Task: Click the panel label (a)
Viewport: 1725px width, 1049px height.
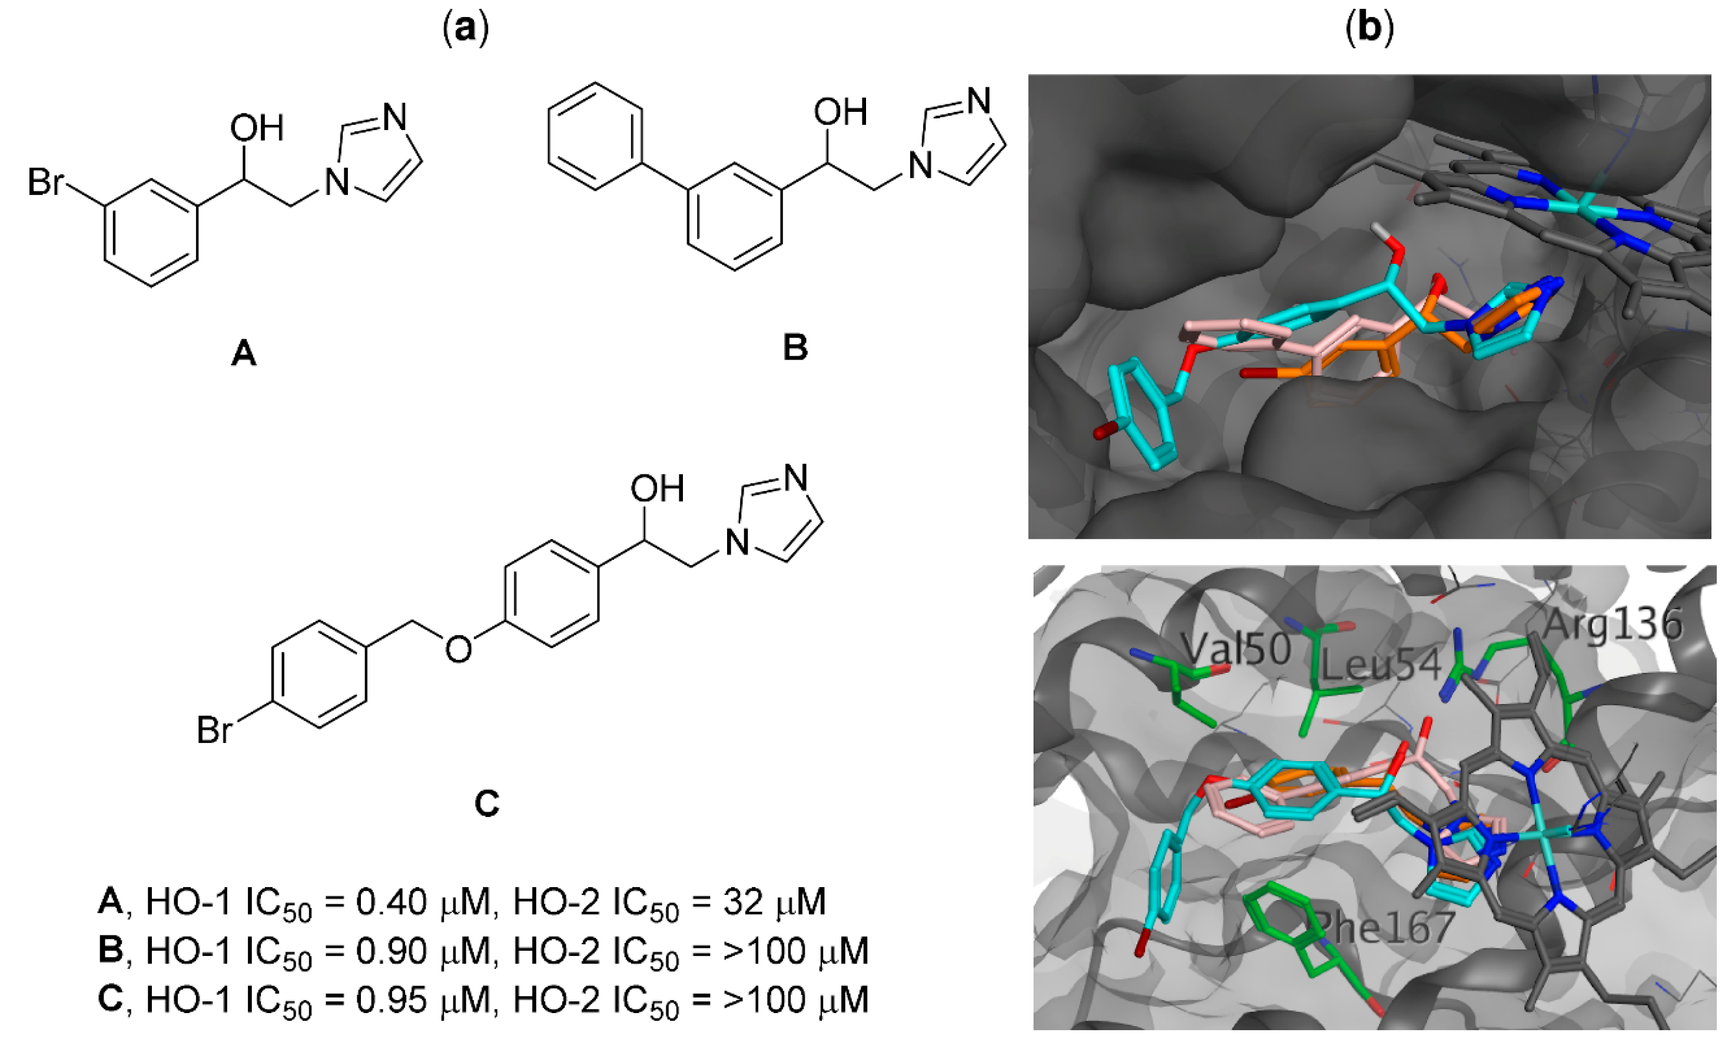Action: [x=466, y=29]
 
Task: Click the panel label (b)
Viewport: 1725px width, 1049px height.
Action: [x=1369, y=29]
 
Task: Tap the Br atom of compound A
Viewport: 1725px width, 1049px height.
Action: [x=45, y=182]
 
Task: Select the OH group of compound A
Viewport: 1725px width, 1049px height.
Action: [x=256, y=128]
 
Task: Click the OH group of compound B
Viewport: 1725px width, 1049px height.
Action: [x=840, y=112]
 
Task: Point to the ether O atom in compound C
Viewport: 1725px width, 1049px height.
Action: [x=458, y=649]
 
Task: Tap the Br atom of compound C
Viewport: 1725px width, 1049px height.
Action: [x=214, y=731]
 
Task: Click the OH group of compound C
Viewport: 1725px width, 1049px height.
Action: [x=656, y=489]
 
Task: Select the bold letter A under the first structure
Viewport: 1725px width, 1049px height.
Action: [x=244, y=353]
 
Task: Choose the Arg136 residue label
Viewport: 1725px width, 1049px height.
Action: [x=1611, y=623]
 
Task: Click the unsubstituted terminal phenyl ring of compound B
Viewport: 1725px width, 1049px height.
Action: [x=595, y=137]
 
